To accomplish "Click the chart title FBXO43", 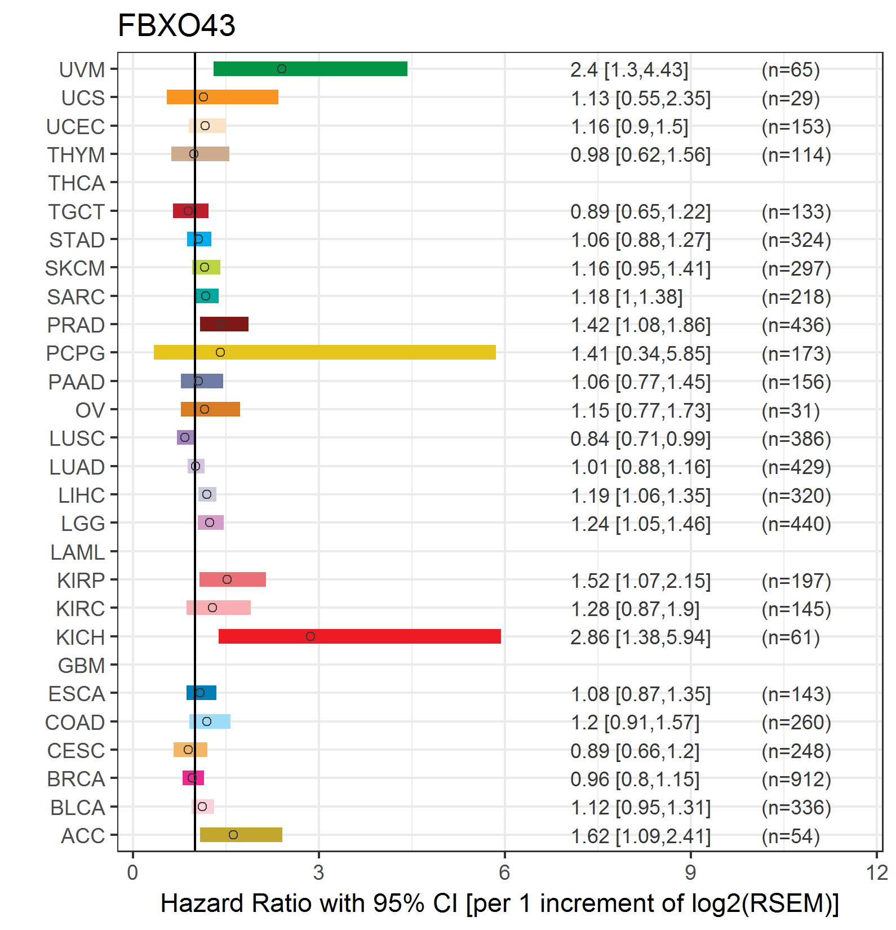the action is click(x=176, y=25).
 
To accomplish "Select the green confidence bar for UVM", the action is click(x=311, y=69).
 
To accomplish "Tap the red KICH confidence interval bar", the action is click(x=360, y=636).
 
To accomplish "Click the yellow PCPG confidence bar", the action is click(x=325, y=352).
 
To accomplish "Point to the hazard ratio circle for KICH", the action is click(x=311, y=636).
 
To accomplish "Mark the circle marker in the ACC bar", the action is click(x=233, y=835).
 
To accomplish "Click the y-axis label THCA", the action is click(x=77, y=183).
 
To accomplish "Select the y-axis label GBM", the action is click(x=82, y=666).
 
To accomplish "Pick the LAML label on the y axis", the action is click(x=78, y=552).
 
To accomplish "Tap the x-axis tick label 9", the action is click(x=690, y=873).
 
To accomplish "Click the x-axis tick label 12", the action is click(x=877, y=873).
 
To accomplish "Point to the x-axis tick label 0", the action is click(x=132, y=873).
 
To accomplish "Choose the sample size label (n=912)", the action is click(x=796, y=780).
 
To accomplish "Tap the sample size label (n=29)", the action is click(x=791, y=99).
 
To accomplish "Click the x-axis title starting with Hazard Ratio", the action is click(x=500, y=904).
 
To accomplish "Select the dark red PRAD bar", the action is click(x=224, y=324).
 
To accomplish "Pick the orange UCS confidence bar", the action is click(x=223, y=97).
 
